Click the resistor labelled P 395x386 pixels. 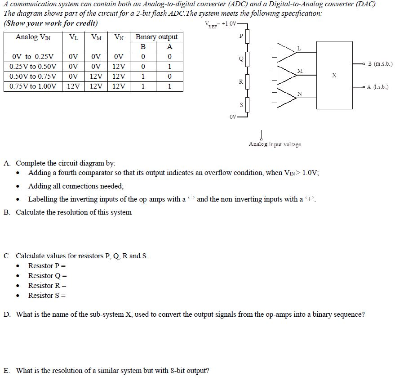[x=247, y=36]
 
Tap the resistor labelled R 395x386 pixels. [x=247, y=81]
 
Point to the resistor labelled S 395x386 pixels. [x=247, y=105]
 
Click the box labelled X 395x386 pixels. [x=334, y=75]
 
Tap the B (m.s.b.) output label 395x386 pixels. [x=380, y=64]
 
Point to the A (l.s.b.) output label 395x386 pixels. [x=378, y=86]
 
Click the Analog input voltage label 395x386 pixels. [x=275, y=144]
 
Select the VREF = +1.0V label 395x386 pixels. [x=220, y=24]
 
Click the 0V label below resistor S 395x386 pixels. [x=232, y=117]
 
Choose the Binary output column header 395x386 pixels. [x=156, y=37]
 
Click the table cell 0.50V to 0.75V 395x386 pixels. [x=33, y=76]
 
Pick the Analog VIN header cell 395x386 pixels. [x=33, y=37]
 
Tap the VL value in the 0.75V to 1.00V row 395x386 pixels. [x=73, y=86]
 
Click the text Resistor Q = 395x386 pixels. [x=47, y=275]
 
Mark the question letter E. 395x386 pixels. [x=7, y=371]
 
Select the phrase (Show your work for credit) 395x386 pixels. [x=50, y=23]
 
